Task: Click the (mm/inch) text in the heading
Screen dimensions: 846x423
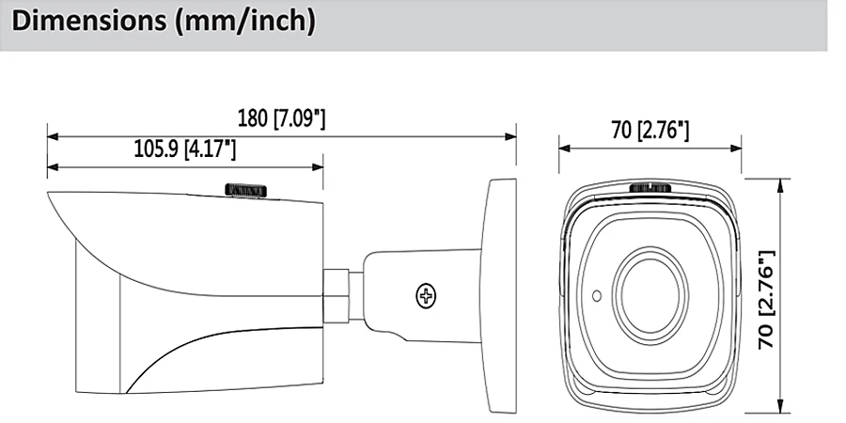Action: click(245, 23)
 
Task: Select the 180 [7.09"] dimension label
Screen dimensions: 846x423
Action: click(282, 118)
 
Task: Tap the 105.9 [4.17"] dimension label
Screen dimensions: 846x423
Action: click(185, 149)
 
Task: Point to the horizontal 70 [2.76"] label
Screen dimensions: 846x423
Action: click(650, 130)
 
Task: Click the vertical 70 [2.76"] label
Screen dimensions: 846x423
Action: click(767, 300)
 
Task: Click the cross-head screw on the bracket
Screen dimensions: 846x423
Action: click(426, 295)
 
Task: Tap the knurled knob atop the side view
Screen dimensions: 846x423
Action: click(246, 190)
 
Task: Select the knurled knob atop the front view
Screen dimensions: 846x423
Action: click(650, 188)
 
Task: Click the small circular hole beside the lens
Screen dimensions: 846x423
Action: click(597, 295)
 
